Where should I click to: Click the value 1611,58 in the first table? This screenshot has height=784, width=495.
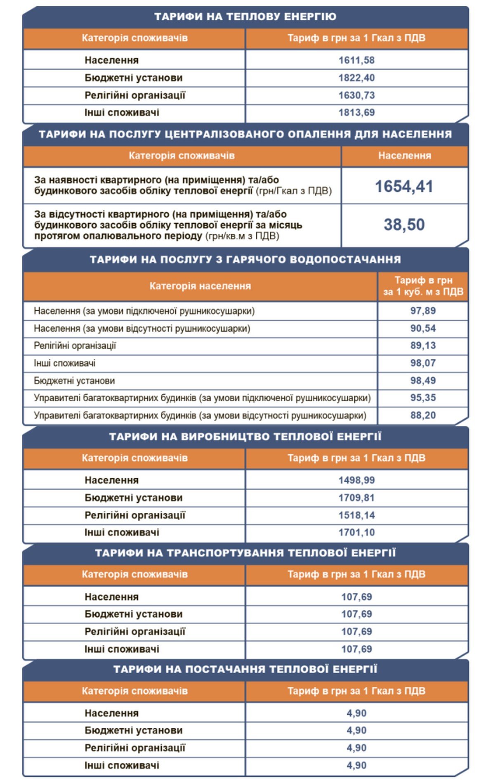tap(356, 60)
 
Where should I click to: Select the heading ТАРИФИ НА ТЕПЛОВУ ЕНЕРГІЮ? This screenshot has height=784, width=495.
tap(245, 17)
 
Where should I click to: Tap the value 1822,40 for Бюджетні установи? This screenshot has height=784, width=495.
tap(356, 78)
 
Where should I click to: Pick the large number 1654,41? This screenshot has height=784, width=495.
tap(404, 187)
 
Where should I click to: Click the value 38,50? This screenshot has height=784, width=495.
tap(404, 225)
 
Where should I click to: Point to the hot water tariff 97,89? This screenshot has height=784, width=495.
tap(423, 311)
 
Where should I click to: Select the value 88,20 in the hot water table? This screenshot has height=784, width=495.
tap(423, 415)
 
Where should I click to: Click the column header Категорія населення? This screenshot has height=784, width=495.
tap(200, 286)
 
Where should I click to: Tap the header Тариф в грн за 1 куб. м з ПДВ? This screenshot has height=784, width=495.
tap(423, 286)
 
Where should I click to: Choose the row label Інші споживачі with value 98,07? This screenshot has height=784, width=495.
tap(65, 363)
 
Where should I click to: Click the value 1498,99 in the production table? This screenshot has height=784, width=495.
tap(356, 480)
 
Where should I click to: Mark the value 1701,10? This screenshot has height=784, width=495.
tap(356, 533)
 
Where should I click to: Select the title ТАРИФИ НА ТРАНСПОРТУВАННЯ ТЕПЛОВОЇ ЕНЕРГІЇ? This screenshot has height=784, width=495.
tap(245, 553)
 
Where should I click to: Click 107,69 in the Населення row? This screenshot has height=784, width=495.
tap(356, 597)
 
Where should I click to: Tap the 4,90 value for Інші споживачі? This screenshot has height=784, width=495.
tap(356, 765)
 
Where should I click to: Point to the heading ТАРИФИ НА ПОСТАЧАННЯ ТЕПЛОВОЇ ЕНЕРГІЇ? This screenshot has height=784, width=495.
tap(245, 669)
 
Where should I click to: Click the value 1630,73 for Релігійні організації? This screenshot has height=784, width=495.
tap(356, 95)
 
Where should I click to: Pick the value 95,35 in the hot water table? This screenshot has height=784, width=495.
tap(423, 398)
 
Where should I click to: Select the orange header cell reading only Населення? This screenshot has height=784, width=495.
tap(404, 156)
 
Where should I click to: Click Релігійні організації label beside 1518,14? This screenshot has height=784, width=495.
tap(135, 515)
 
